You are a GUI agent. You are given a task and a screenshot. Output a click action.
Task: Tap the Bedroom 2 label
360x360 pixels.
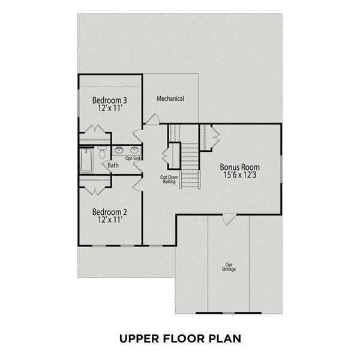point(109,212)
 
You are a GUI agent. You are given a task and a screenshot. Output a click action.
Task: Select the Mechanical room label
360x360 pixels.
point(170,98)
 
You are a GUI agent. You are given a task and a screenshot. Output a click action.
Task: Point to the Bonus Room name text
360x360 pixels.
point(240,167)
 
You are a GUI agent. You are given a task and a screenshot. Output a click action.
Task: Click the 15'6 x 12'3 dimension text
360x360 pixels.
point(240,176)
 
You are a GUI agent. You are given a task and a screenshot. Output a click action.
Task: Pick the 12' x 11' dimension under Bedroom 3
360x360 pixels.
point(109,109)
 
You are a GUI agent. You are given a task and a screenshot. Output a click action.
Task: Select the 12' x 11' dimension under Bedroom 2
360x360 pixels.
point(109,220)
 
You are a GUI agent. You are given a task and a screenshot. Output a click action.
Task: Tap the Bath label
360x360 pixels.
point(113,164)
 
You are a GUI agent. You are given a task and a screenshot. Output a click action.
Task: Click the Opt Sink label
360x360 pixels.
point(133,158)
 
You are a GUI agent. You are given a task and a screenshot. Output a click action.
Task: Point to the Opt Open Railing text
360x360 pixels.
point(169,179)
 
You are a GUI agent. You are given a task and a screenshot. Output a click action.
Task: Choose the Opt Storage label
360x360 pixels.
point(229,267)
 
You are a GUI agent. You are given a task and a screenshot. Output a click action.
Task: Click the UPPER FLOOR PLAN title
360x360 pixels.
point(180,338)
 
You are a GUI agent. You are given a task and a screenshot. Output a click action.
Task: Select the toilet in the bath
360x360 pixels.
point(102,152)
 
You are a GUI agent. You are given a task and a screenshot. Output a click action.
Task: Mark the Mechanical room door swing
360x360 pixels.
point(152,119)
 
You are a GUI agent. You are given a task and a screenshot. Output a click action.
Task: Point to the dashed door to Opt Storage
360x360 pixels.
point(229,220)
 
